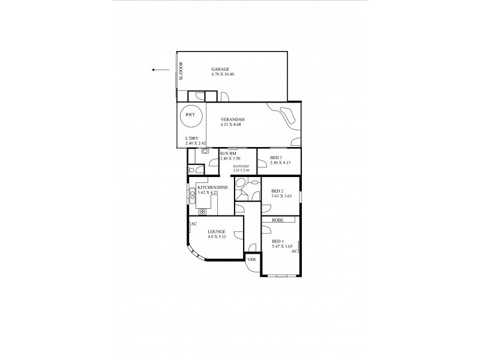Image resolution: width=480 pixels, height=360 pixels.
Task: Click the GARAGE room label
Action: coord(221,69)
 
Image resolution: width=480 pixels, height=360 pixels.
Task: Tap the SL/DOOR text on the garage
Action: coord(181,71)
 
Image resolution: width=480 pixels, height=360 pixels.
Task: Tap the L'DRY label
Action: coord(192,140)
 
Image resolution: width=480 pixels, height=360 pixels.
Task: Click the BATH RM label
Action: coord(242,166)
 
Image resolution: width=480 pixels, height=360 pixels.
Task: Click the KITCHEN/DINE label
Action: coord(212,187)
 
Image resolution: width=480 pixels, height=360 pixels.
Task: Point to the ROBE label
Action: coord(278,220)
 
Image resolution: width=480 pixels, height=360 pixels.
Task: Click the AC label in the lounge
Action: coord(194,224)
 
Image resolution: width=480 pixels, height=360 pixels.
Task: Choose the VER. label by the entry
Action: coord(251,260)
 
